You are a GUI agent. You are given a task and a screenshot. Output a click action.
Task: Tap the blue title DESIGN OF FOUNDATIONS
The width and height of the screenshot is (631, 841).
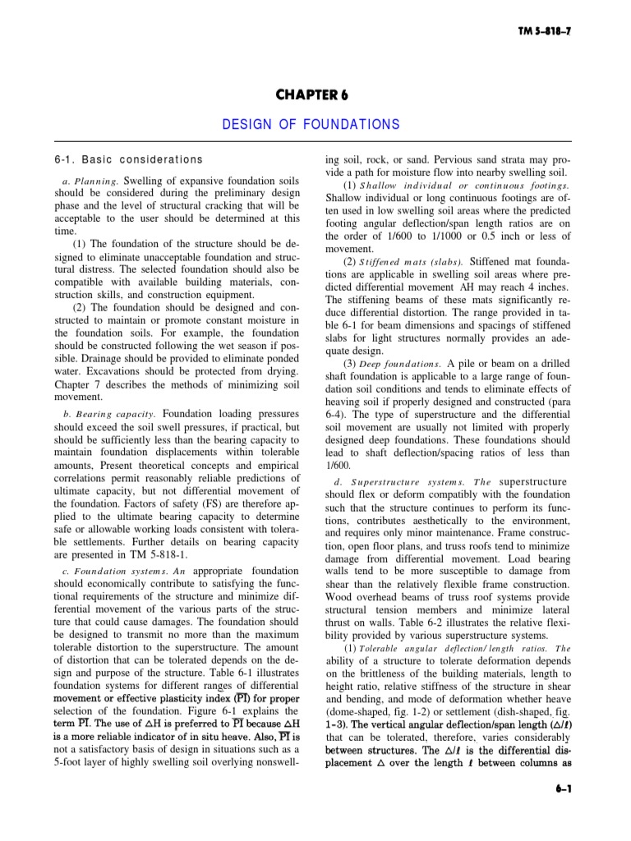(x=311, y=125)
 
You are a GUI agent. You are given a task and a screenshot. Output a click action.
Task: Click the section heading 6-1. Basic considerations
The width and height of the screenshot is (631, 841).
(x=127, y=159)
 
